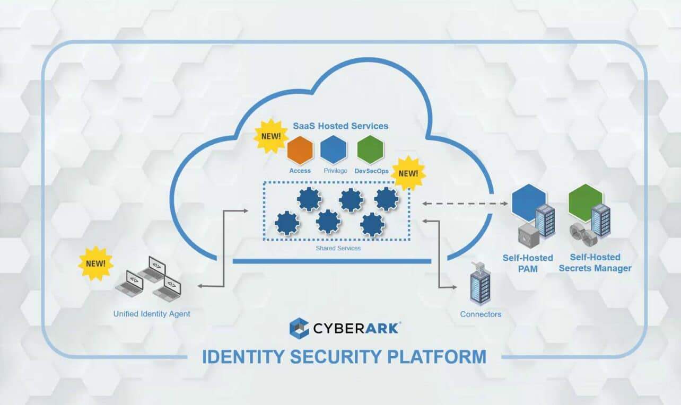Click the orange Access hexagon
[x=300, y=150]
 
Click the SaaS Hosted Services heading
[x=340, y=126]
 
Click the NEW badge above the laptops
[x=95, y=263]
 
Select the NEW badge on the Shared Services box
[x=408, y=173]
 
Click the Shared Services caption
[x=338, y=248]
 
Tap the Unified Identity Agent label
[x=152, y=314]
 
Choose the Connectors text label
[x=481, y=314]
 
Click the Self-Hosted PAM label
[x=528, y=263]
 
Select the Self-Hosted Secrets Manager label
[x=595, y=263]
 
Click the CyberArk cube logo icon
[x=299, y=328]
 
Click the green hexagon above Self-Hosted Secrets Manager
[x=585, y=202]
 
